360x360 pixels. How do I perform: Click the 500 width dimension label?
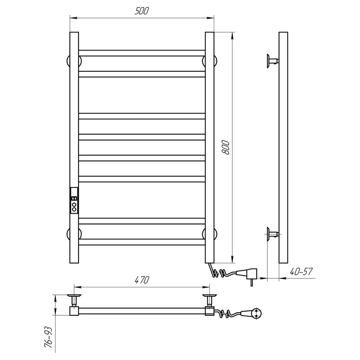coord(141,11)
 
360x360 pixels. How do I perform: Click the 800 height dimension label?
coord(226,147)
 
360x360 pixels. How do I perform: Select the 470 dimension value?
coord(141,280)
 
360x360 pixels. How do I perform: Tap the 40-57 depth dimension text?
coord(301,271)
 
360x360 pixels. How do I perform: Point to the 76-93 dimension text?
coord(49,337)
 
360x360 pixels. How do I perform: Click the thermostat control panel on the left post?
coord(74,201)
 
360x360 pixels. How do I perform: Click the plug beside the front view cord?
coord(248,275)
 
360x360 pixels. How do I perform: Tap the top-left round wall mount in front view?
coord(74,61)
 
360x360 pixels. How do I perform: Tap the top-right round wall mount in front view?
coord(210,61)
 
